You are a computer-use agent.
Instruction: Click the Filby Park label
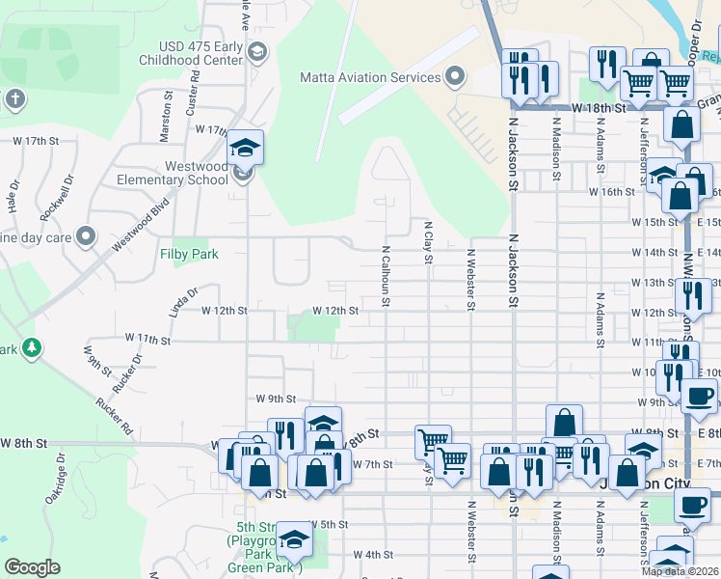(x=189, y=254)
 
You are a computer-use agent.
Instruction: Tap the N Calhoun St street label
(x=385, y=276)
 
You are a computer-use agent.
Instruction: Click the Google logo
(x=32, y=567)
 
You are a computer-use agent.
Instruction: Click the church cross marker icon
(x=13, y=98)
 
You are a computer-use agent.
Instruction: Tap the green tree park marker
(x=32, y=346)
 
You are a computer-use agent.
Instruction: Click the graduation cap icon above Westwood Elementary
(x=245, y=148)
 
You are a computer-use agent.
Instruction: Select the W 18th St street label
(x=599, y=108)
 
